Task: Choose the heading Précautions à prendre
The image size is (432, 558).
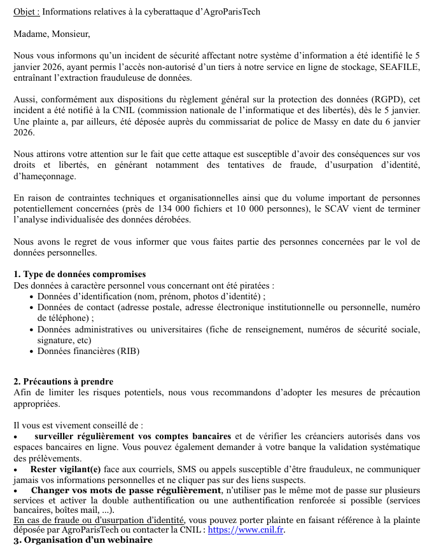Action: click(68, 382)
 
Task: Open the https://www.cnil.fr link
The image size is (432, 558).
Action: click(246, 529)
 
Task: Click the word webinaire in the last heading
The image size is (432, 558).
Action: click(130, 540)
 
